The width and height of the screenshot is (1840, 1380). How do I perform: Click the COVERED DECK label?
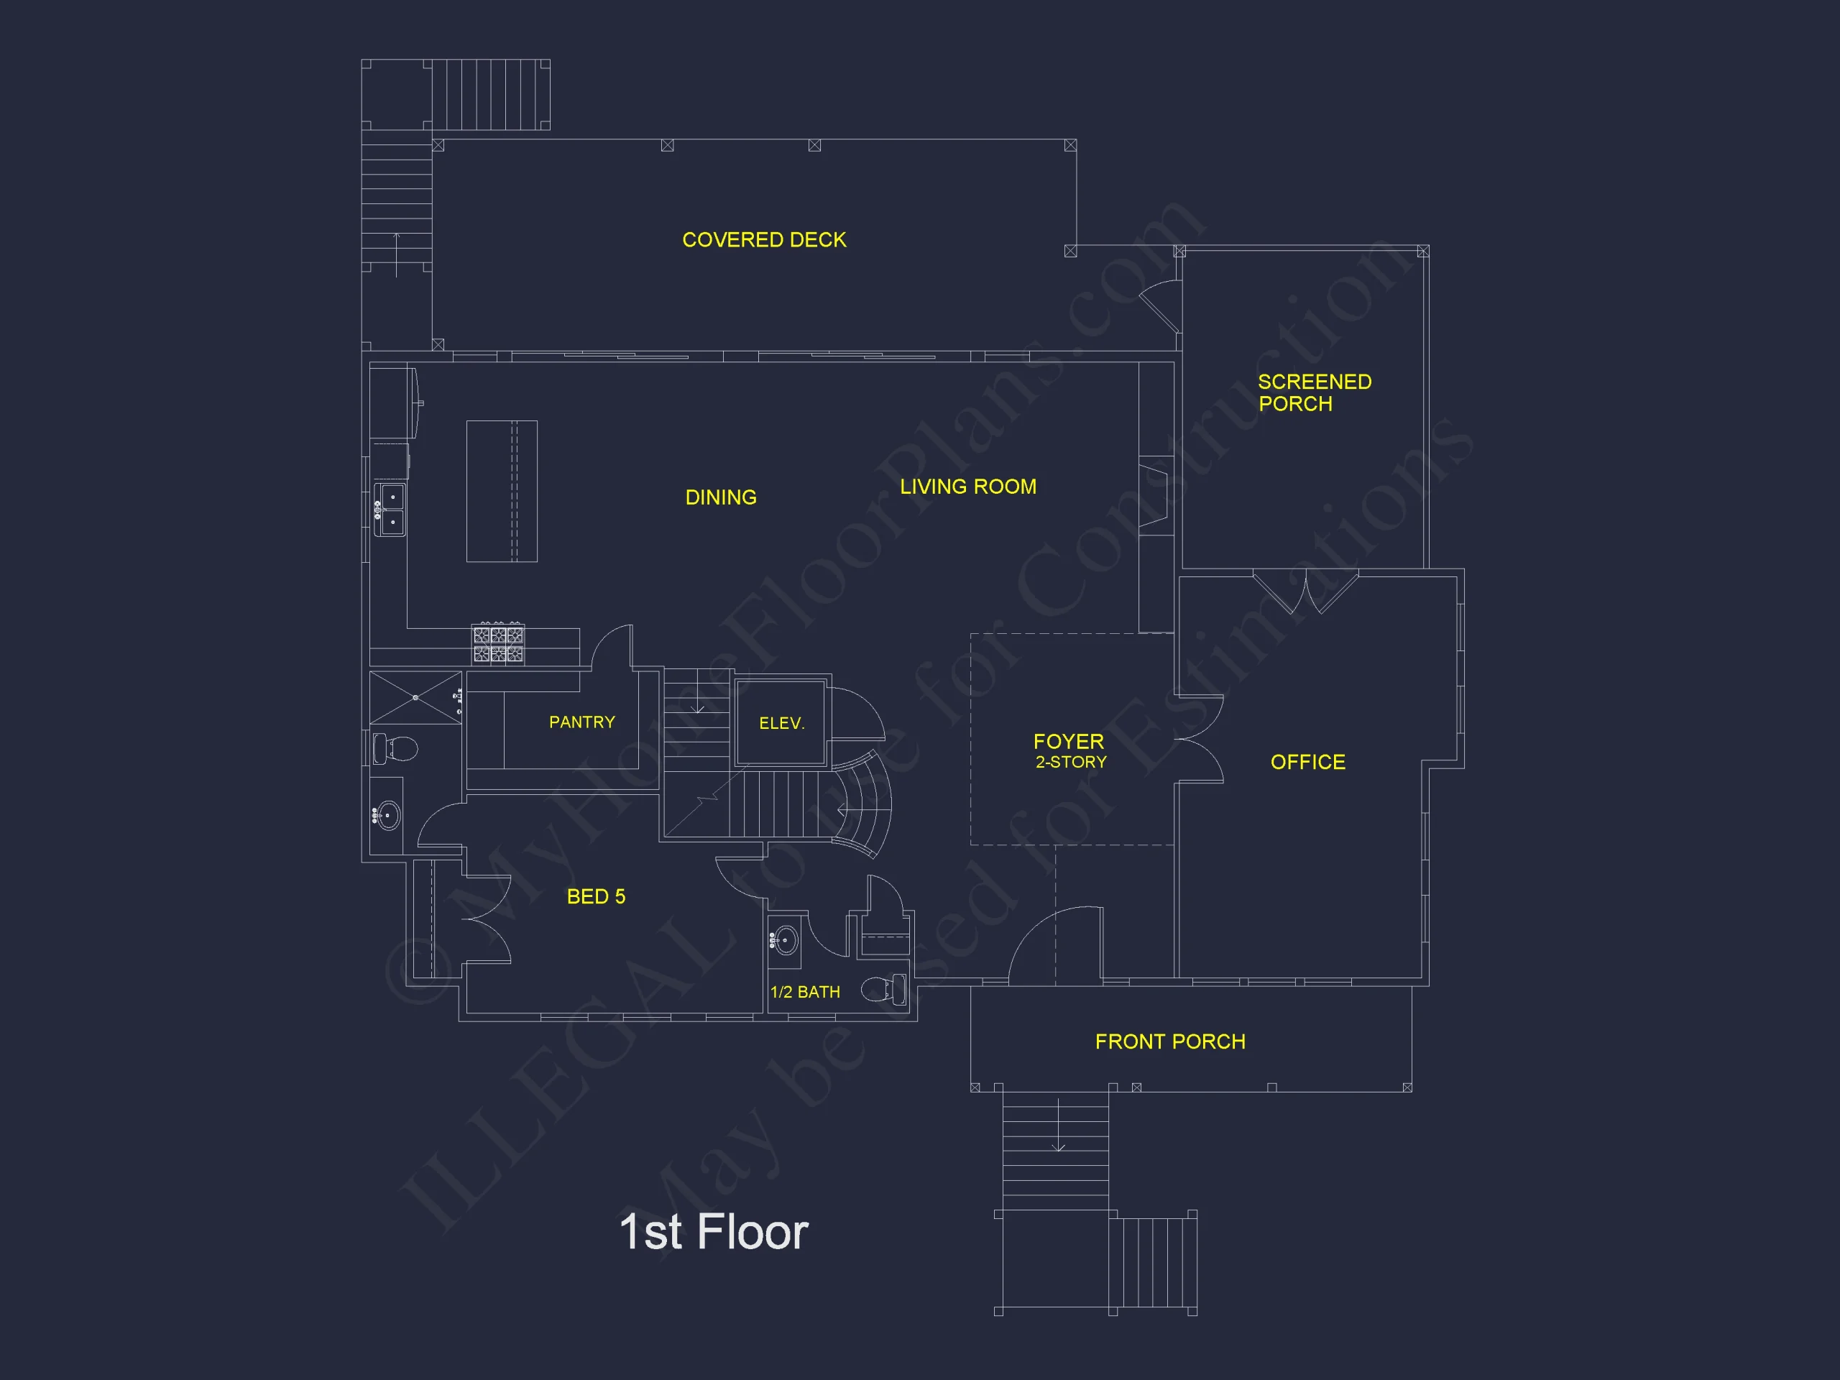click(x=763, y=239)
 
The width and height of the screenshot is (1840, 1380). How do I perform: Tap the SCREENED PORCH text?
click(x=1315, y=392)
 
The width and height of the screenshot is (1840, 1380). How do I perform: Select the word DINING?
click(x=720, y=497)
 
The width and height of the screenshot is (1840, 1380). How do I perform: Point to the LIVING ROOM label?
click(x=968, y=487)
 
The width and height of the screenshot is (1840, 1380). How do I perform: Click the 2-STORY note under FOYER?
click(x=1070, y=762)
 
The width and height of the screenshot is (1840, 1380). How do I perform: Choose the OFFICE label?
click(x=1307, y=762)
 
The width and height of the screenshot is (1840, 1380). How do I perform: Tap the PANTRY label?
click(x=581, y=722)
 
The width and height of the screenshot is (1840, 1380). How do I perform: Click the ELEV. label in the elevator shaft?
click(x=781, y=724)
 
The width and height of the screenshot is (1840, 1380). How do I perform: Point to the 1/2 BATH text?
click(x=804, y=993)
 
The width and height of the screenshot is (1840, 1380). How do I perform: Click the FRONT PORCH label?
click(x=1169, y=1041)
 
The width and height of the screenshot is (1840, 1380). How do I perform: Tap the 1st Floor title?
click(x=714, y=1232)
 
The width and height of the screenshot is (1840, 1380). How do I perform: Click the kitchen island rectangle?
click(x=502, y=492)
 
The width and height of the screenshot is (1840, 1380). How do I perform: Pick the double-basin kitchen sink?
click(x=390, y=510)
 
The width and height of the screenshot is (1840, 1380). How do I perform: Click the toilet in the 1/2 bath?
click(x=884, y=989)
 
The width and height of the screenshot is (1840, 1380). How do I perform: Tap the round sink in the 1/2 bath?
click(x=784, y=941)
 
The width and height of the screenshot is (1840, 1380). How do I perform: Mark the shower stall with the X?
click(x=416, y=697)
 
